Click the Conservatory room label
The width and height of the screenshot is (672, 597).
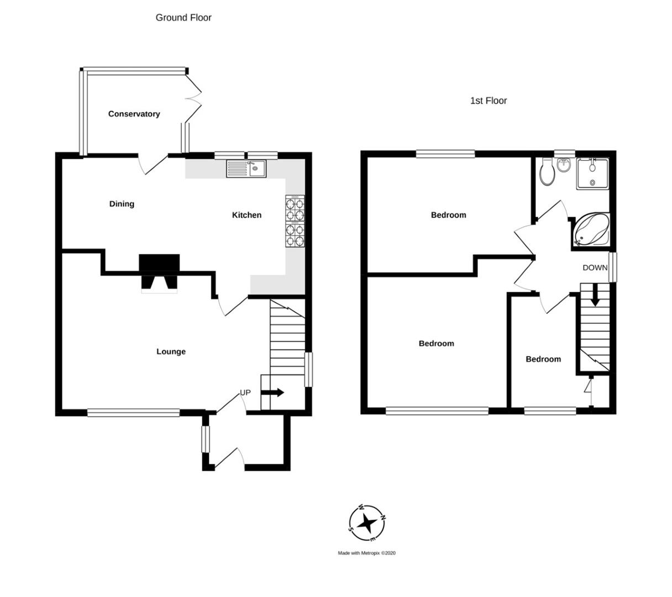[134, 114]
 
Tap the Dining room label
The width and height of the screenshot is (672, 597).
[122, 204]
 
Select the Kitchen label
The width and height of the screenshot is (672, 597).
[246, 215]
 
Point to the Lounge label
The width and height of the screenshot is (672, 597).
[171, 352]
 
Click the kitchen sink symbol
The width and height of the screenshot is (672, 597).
[246, 168]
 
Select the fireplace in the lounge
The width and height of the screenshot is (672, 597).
[159, 273]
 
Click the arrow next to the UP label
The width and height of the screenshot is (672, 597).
[272, 392]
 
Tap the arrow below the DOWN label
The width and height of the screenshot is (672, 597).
[595, 295]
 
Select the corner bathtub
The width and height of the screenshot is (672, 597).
[592, 229]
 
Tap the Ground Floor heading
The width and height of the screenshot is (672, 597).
[183, 18]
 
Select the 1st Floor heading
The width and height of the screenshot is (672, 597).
[488, 101]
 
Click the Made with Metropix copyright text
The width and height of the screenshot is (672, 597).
[367, 553]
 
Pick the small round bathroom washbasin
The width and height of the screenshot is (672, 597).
[564, 164]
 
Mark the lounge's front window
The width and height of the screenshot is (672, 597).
[133, 412]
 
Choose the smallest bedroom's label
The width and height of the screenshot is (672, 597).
[543, 359]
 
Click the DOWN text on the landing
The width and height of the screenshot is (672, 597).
[595, 268]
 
